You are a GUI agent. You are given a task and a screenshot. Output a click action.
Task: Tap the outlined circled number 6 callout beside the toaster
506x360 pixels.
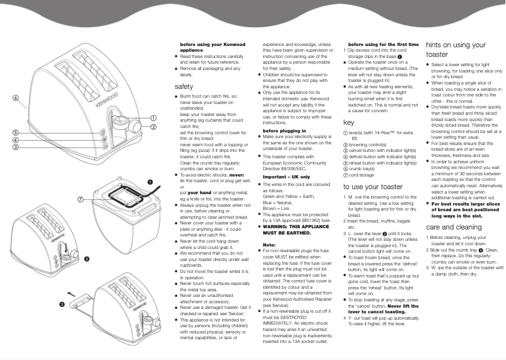tap(14, 98)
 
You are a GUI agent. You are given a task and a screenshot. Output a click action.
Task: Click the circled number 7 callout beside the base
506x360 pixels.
tap(81, 199)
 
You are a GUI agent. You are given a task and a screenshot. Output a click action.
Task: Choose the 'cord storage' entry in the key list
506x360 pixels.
tap(362, 175)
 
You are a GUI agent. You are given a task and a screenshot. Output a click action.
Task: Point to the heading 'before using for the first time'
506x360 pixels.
tap(383, 45)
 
